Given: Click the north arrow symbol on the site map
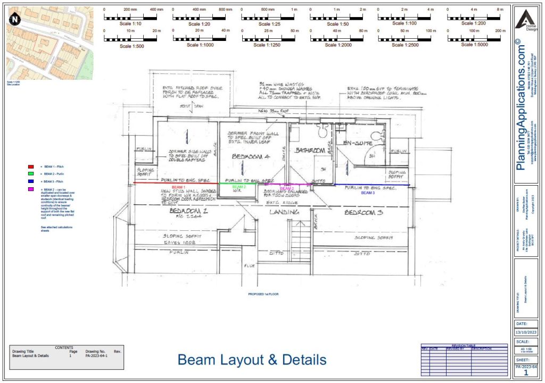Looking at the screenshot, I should tap(15, 19).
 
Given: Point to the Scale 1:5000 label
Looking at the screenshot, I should tap(474, 45).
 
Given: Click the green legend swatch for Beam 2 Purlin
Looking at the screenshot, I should tap(30, 174).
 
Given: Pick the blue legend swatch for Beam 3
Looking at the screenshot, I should tap(30, 181).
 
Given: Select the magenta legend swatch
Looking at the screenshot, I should tap(30, 189).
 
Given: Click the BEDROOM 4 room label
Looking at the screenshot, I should tap(252, 157).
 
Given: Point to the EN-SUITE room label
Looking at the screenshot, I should tap(359, 143).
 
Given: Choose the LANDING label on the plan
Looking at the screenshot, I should tap(284, 212).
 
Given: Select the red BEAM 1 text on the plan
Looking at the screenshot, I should tap(178, 188).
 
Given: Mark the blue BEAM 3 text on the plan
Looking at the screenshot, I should tap(368, 193).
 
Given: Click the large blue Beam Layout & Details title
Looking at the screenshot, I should tap(252, 360).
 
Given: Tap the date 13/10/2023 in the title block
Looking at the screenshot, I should tap(526, 332).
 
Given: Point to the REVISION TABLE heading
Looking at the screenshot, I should tap(464, 345).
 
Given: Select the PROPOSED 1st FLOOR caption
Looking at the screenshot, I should tap(264, 294).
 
